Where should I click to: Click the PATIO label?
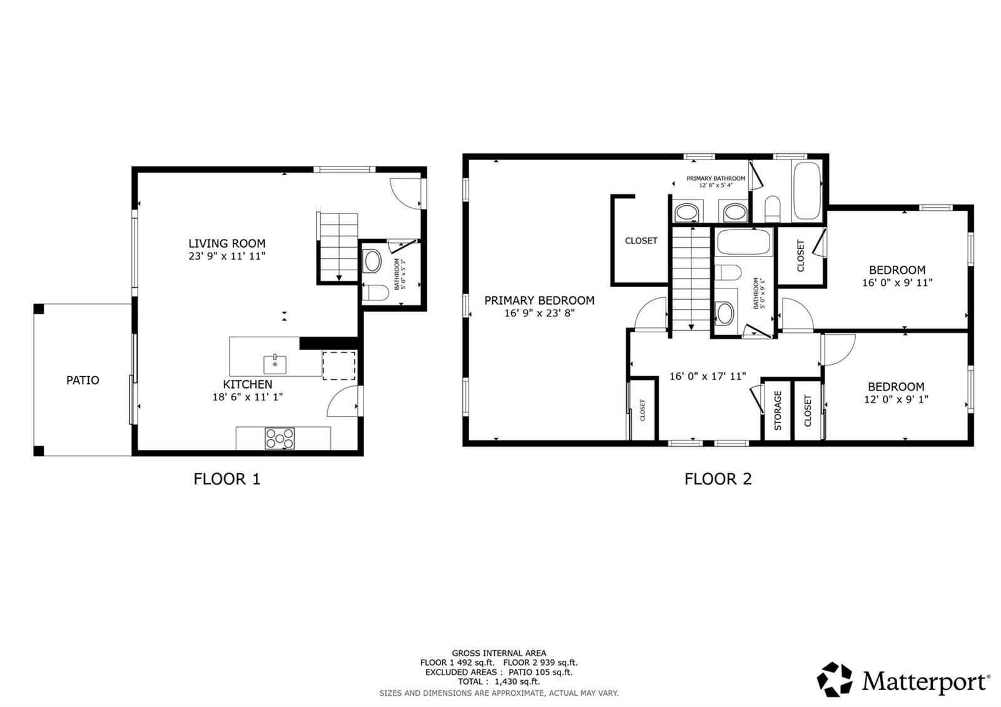(83, 380)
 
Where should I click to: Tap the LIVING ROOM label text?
(227, 243)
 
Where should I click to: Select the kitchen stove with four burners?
(280, 439)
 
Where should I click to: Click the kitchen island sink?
(275, 364)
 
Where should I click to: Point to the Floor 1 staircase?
(339, 247)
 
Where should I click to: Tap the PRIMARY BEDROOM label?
(539, 300)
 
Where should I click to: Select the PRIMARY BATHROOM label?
(716, 178)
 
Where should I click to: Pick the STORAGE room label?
(778, 410)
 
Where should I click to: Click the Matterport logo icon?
(835, 679)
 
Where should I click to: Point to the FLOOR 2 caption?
(718, 479)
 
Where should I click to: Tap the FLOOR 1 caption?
(226, 479)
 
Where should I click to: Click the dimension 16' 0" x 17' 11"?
(708, 376)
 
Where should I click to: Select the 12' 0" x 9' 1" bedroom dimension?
(897, 399)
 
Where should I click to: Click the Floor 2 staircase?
(691, 278)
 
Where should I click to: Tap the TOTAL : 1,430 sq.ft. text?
(499, 681)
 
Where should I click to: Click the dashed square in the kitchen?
(339, 366)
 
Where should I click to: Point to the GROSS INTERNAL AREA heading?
(499, 653)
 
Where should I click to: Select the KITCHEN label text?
(248, 384)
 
